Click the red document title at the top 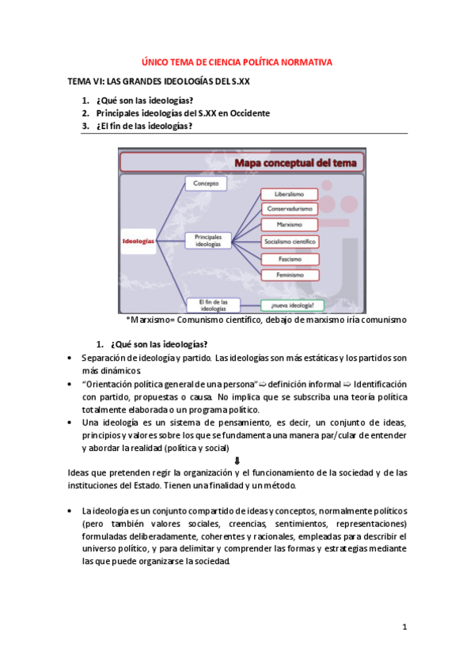coord(237,62)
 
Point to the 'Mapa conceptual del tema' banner coord(294,163)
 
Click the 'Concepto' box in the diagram coord(206,184)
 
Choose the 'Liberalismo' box coord(289,194)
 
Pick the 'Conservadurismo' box coord(289,210)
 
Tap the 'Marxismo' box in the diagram coord(289,225)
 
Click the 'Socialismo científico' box coord(289,241)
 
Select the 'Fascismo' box coord(289,259)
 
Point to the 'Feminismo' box coord(289,275)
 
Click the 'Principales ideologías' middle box coord(208,241)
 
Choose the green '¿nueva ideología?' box coord(293,305)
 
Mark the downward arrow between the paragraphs coord(238,461)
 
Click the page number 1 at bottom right coord(404,627)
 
